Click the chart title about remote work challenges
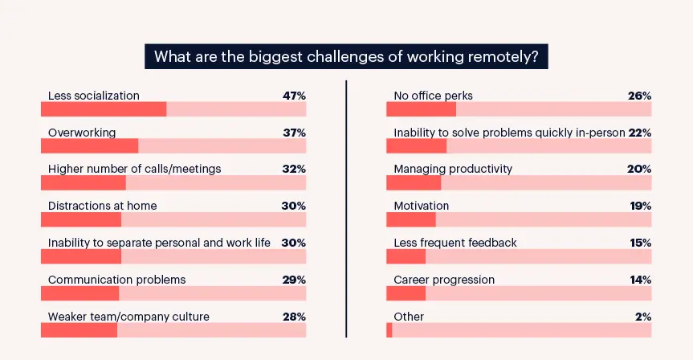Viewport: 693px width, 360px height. [x=346, y=57]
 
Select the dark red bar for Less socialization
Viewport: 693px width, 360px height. [x=104, y=109]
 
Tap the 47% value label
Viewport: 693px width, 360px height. [x=294, y=96]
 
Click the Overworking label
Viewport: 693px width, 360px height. [x=82, y=133]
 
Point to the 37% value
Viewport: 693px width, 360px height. [x=294, y=133]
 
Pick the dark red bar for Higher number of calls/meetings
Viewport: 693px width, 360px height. [x=83, y=183]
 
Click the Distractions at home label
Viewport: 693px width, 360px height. [x=102, y=206]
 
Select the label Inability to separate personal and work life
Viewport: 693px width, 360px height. [x=159, y=243]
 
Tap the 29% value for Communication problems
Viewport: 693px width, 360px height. [x=294, y=280]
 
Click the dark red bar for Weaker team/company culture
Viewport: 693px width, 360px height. [x=79, y=330]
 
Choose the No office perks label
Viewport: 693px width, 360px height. [x=433, y=96]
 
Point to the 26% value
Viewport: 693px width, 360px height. [x=639, y=96]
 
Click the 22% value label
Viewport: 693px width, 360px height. [x=639, y=133]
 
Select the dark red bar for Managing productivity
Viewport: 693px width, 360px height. [x=414, y=183]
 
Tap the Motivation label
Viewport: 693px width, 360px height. [x=421, y=206]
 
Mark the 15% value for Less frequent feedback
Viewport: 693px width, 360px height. [x=639, y=243]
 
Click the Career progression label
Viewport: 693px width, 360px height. [x=444, y=280]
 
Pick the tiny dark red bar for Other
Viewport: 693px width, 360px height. [x=389, y=330]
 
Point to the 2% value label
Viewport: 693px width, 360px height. [x=642, y=317]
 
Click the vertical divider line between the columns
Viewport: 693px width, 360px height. [x=346, y=209]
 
